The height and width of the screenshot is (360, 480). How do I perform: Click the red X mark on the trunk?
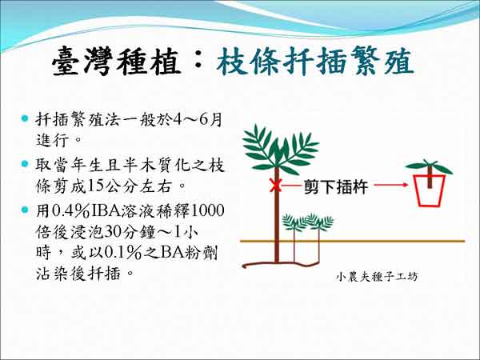tap(275, 186)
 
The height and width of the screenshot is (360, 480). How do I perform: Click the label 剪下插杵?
tap(335, 186)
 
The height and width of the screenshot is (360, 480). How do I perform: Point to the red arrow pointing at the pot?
tap(391, 185)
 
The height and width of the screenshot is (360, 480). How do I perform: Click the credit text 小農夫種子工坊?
tap(377, 277)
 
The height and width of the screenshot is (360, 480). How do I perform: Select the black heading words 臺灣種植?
tap(116, 62)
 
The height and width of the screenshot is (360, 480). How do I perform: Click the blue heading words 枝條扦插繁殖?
tap(315, 62)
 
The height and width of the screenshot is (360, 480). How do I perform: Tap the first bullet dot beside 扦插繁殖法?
tap(25, 118)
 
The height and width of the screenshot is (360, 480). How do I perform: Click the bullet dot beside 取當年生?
tap(25, 163)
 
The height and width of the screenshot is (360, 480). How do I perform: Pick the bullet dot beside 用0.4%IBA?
tap(25, 210)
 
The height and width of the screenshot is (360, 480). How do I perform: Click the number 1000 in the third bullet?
tap(208, 210)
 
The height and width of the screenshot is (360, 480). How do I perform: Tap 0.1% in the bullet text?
tap(123, 253)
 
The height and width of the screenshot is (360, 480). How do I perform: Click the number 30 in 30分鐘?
tap(112, 232)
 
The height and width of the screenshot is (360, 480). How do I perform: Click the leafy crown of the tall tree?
tap(280, 150)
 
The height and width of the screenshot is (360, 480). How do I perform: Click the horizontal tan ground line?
tap(352, 242)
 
